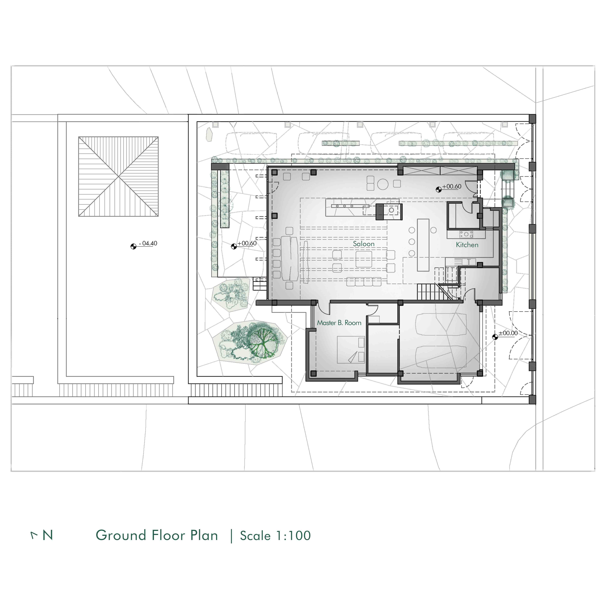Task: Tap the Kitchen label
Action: [x=467, y=245]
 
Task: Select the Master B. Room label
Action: [x=339, y=323]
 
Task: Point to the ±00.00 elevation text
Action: [x=508, y=333]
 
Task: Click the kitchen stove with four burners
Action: [x=466, y=234]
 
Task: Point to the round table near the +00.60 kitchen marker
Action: [x=383, y=184]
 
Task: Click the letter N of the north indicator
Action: [x=48, y=535]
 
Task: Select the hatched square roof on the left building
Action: [x=118, y=177]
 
